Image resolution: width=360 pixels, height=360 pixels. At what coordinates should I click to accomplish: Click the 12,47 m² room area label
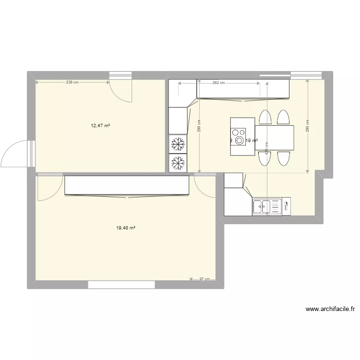(x=101, y=126)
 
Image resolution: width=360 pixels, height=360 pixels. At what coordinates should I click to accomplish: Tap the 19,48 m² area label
(x=125, y=228)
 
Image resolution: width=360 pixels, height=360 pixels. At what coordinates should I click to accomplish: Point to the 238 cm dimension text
(x=72, y=83)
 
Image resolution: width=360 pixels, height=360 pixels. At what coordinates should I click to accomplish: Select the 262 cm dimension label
(x=219, y=83)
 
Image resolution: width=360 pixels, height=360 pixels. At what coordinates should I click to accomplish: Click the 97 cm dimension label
(x=204, y=279)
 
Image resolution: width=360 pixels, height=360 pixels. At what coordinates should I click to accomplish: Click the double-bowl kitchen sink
(x=262, y=206)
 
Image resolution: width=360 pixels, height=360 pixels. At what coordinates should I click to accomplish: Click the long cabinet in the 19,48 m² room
(x=127, y=186)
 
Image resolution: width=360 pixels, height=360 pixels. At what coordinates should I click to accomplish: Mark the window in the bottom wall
(x=121, y=285)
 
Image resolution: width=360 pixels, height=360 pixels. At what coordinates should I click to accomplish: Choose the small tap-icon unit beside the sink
(x=286, y=206)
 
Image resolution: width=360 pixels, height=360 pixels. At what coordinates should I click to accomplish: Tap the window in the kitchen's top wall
(x=305, y=75)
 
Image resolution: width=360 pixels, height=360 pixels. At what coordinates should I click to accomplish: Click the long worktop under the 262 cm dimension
(x=243, y=89)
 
